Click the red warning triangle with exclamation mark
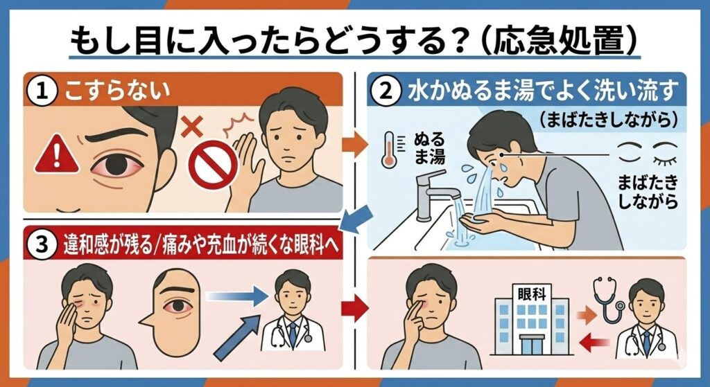pos(57,154)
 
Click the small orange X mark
pos(192,127)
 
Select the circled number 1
pos(42,91)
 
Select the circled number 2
pos(386,91)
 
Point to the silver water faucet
pos(435,195)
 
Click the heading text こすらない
pos(117,91)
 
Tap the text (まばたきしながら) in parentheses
pos(608,120)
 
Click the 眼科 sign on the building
pos(532,294)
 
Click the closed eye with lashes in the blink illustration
pos(664,153)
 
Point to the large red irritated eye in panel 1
pos(118,165)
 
